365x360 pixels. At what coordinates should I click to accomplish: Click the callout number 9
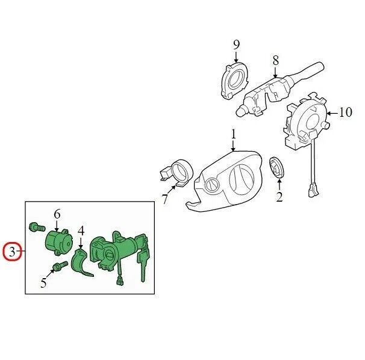click(236, 44)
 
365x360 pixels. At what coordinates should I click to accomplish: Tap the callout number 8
click(275, 60)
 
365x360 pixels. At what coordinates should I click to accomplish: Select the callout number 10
click(345, 112)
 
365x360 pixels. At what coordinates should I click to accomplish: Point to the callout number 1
click(233, 132)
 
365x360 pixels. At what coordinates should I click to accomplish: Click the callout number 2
click(279, 196)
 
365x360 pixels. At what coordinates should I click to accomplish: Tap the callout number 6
click(57, 214)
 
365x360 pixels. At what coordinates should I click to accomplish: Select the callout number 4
click(80, 229)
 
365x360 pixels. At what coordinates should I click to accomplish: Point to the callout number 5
click(43, 282)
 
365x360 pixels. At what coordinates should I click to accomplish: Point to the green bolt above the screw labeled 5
click(36, 228)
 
